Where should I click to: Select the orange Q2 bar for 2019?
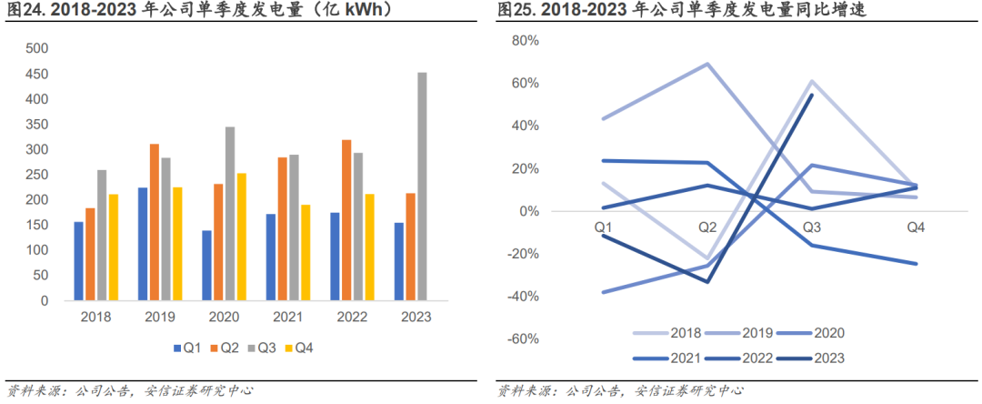pyautogui.click(x=155, y=222)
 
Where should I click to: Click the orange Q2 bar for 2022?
pyautogui.click(x=346, y=219)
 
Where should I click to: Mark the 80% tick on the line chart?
pyautogui.click(x=526, y=41)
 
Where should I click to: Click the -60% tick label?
pyautogui.click(x=523, y=338)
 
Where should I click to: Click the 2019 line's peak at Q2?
pyautogui.click(x=706, y=64)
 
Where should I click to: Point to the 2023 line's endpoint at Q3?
pyautogui.click(x=811, y=95)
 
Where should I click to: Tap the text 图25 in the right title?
pyautogui.click(x=516, y=11)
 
